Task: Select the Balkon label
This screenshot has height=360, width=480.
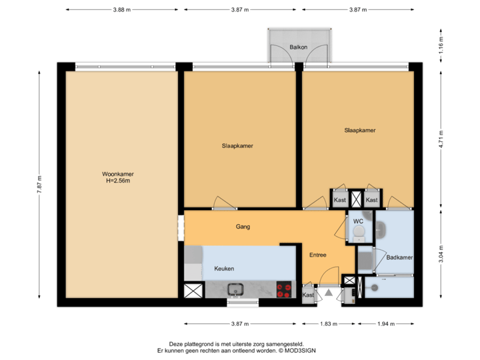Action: pos(299,47)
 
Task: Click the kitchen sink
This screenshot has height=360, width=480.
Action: pos(235,289)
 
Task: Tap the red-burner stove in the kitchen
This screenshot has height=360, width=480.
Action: pos(284,289)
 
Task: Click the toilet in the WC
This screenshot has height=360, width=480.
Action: pos(359,231)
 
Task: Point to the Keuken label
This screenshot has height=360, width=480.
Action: pos(224,269)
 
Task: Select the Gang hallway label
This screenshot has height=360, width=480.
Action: pos(243,227)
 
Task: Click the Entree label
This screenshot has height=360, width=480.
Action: pos(318,254)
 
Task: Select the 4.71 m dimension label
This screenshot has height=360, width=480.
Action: pos(441,141)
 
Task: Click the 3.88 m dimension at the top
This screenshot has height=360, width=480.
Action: pos(122,10)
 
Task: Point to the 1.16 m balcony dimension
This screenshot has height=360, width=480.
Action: pos(441,46)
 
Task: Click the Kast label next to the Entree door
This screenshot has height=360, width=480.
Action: pos(308,295)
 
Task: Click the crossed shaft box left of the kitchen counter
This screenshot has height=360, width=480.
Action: pos(193,291)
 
